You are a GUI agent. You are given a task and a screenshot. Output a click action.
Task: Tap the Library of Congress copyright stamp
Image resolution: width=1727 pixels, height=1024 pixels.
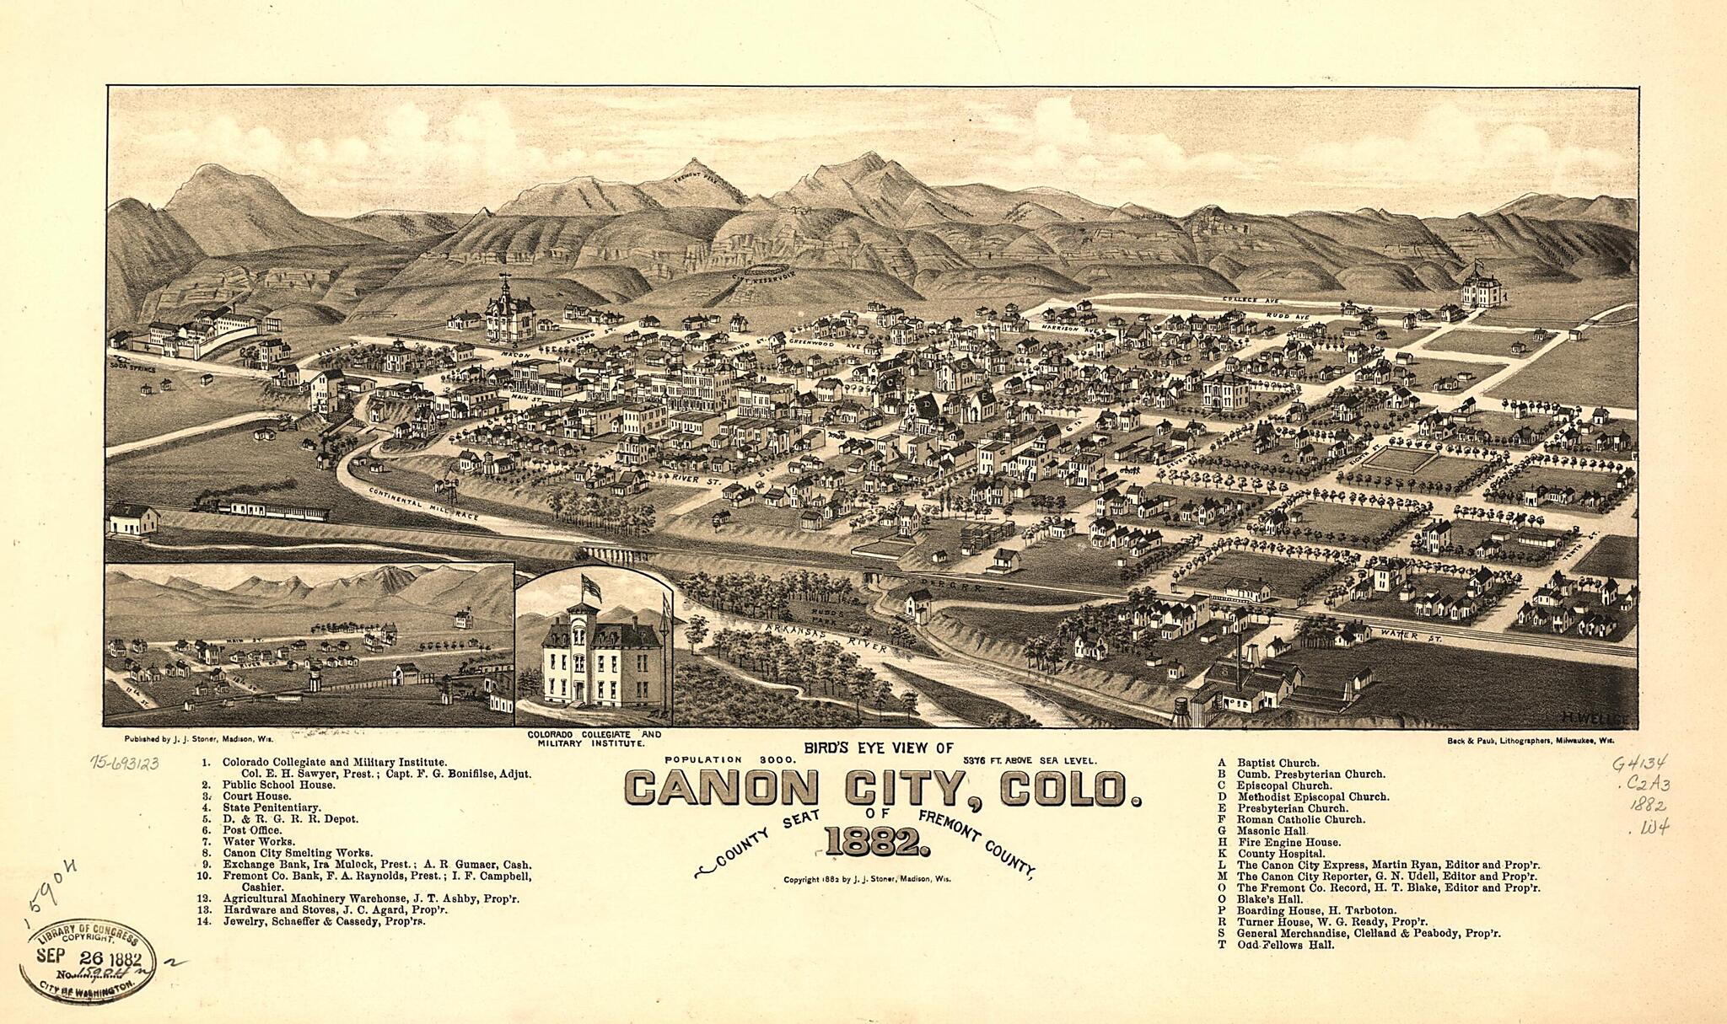click(x=89, y=958)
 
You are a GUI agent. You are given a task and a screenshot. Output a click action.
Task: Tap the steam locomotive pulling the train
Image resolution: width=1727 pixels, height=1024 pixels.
click(x=207, y=503)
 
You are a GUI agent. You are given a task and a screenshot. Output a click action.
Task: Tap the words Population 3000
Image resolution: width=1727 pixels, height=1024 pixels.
click(x=724, y=760)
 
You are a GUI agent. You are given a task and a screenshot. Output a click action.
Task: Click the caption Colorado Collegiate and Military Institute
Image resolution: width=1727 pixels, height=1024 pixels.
click(x=594, y=739)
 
